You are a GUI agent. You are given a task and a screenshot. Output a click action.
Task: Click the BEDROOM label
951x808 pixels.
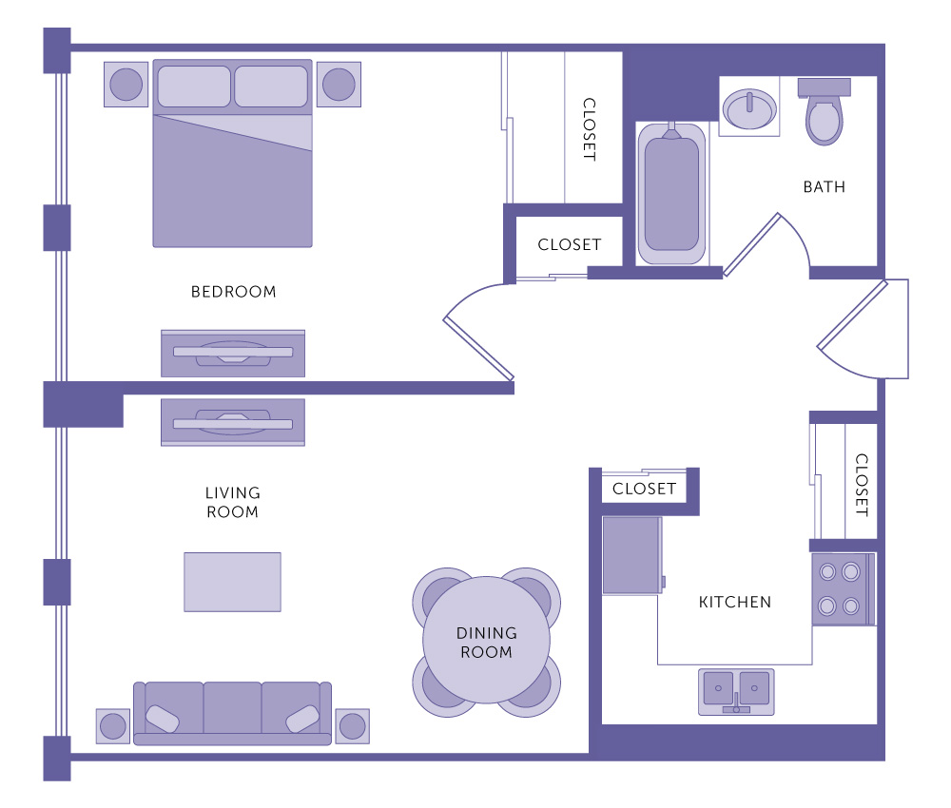pyautogui.click(x=234, y=292)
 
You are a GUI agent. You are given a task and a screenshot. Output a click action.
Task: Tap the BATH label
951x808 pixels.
pyautogui.click(x=825, y=186)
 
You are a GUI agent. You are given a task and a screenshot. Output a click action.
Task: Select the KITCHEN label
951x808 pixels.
pyautogui.click(x=735, y=602)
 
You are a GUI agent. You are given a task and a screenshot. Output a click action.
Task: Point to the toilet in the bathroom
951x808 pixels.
pyautogui.click(x=825, y=111)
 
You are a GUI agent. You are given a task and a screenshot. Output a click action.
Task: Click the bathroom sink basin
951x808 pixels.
pyautogui.click(x=749, y=109)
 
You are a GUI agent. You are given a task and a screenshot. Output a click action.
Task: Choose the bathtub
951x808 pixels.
pyautogui.click(x=671, y=193)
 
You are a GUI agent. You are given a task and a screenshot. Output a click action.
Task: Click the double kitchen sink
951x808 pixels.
pyautogui.click(x=736, y=692)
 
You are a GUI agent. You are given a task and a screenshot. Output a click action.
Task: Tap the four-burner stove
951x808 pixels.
pyautogui.click(x=843, y=588)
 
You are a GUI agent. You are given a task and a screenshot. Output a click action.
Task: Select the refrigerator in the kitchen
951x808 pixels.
pyautogui.click(x=632, y=555)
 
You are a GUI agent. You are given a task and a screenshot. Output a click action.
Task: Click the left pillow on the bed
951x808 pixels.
pyautogui.click(x=194, y=87)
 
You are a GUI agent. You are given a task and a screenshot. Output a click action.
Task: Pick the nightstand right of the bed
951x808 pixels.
pyautogui.click(x=339, y=85)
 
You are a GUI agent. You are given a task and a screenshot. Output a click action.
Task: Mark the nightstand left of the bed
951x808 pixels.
pyautogui.click(x=126, y=85)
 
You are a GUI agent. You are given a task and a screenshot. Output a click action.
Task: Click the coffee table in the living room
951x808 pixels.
pyautogui.click(x=232, y=582)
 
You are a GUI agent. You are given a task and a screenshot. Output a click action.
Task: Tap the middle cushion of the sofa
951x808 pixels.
pyautogui.click(x=232, y=708)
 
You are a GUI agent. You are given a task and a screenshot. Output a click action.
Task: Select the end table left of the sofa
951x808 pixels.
pyautogui.click(x=113, y=726)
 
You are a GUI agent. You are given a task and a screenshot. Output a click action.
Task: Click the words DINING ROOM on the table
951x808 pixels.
pyautogui.click(x=486, y=643)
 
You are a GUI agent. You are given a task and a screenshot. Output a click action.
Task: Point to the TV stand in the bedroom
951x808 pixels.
pyautogui.click(x=233, y=354)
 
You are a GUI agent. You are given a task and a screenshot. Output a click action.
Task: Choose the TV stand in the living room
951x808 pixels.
pyautogui.click(x=233, y=422)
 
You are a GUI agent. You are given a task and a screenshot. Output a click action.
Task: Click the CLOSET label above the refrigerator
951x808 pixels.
pyautogui.click(x=644, y=489)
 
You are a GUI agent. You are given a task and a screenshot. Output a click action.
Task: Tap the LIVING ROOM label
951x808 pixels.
pyautogui.click(x=233, y=503)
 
